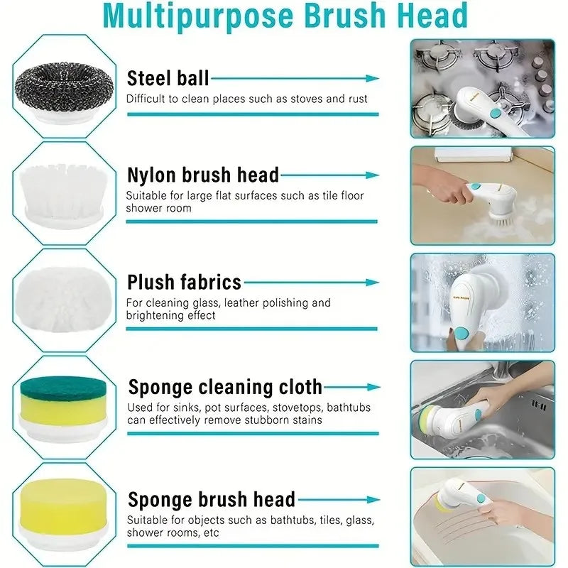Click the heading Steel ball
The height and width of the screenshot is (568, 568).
(168, 78)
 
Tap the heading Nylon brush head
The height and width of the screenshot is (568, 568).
(203, 175)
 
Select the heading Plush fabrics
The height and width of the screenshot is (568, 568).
(185, 282)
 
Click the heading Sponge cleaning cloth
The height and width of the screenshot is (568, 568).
(225, 388)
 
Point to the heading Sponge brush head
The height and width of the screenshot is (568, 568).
(212, 499)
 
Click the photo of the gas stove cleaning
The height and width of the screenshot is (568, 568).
(482, 88)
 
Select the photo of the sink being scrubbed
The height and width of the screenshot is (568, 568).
(482, 410)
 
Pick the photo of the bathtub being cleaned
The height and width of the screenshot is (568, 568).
(482, 516)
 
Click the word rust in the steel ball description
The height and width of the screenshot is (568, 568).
(356, 99)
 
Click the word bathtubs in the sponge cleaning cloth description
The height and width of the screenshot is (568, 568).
(347, 408)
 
